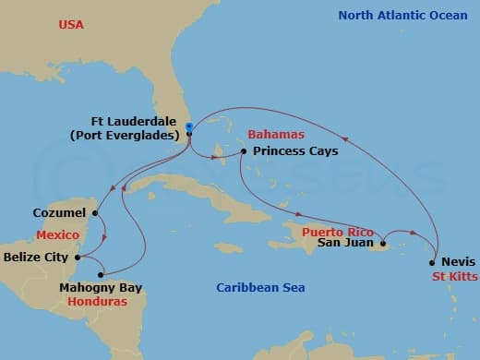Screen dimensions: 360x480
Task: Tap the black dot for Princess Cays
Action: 243,151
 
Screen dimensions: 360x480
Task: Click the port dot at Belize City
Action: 78,258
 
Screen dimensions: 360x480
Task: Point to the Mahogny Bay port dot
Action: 102,274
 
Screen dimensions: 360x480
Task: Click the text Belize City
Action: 36,258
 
